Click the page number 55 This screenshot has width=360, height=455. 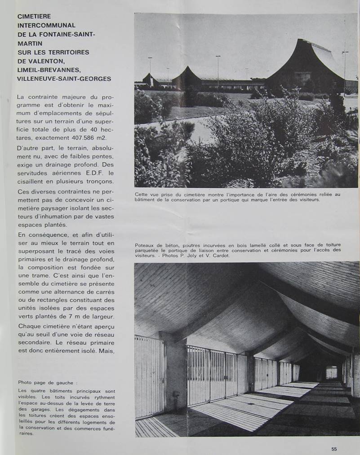(334, 449)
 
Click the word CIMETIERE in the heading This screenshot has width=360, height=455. (34, 16)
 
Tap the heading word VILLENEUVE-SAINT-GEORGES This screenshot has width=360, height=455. (64, 79)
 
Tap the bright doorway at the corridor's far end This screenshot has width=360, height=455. (332, 372)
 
